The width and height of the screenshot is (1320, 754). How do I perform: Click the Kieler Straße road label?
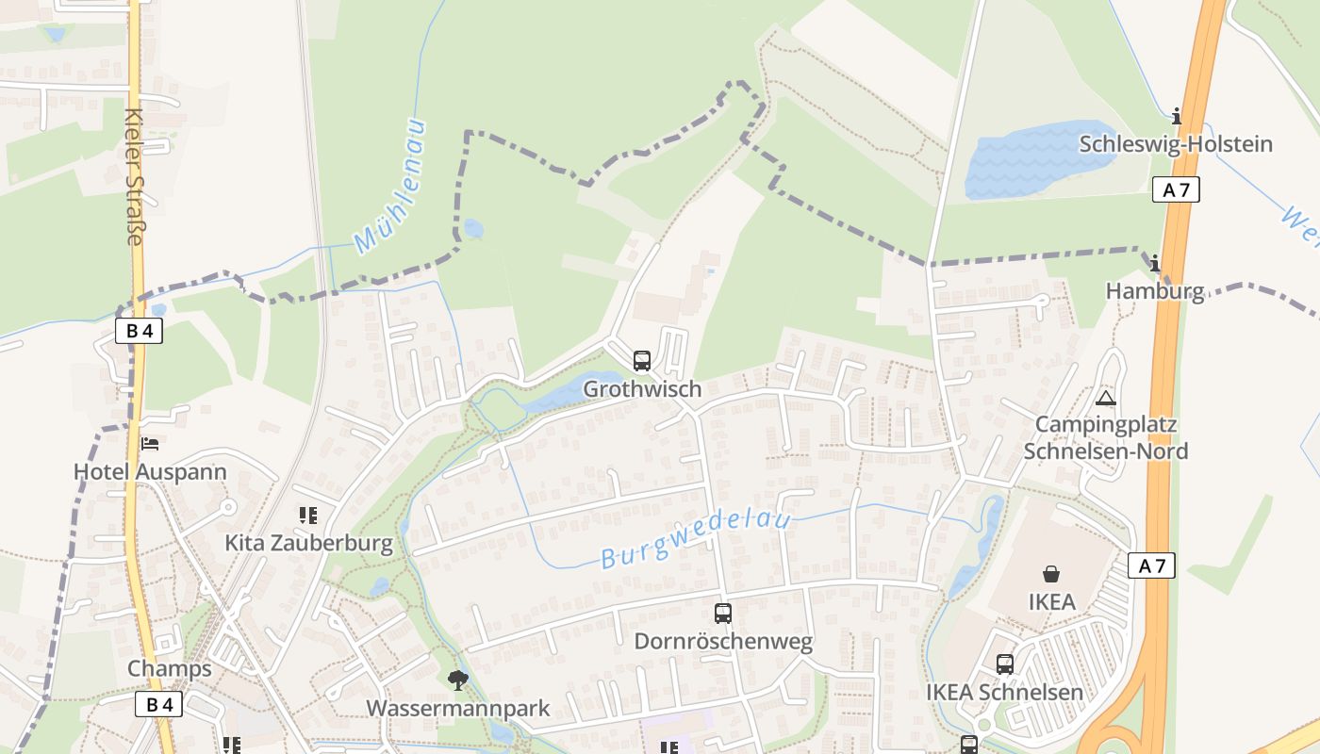[134, 176]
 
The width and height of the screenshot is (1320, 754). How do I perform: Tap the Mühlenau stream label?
[390, 188]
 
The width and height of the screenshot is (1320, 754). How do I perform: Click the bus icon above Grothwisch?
[642, 361]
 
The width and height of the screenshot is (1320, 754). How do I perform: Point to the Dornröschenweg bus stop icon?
[723, 614]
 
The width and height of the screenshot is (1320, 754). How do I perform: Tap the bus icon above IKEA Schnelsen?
[1005, 664]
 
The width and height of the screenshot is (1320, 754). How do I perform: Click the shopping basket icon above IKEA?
[1051, 573]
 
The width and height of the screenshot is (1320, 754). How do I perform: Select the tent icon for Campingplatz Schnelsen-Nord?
[1106, 398]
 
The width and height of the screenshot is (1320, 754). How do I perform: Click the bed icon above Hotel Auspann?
[150, 444]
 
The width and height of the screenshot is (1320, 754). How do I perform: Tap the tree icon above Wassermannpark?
[458, 680]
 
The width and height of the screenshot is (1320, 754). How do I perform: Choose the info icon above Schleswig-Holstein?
[1176, 117]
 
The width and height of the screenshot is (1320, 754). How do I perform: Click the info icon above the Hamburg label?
[1154, 264]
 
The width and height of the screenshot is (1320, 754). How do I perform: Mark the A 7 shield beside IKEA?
[1152, 565]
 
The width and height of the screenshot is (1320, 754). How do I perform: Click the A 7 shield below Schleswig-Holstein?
[1176, 189]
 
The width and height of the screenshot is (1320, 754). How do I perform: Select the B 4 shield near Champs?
[158, 704]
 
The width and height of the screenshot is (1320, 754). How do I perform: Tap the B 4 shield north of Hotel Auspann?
[140, 331]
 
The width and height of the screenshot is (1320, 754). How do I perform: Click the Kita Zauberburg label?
[308, 543]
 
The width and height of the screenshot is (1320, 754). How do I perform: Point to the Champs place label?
[170, 669]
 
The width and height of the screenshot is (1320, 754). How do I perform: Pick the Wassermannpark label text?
[458, 708]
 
